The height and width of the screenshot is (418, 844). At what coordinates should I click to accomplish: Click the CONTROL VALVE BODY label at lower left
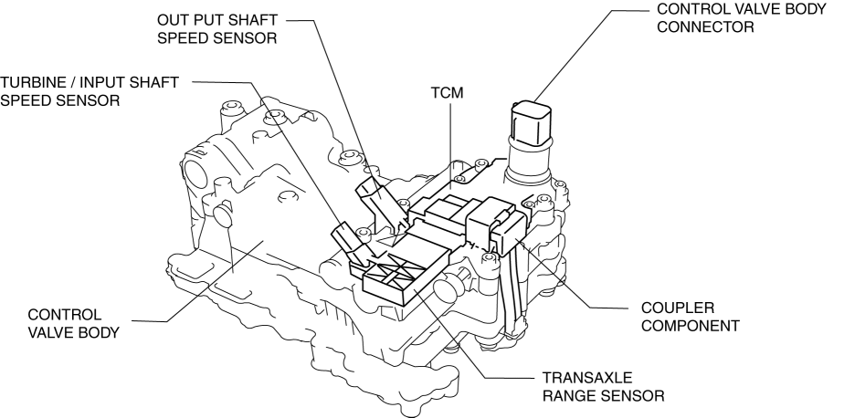[x=73, y=322]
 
